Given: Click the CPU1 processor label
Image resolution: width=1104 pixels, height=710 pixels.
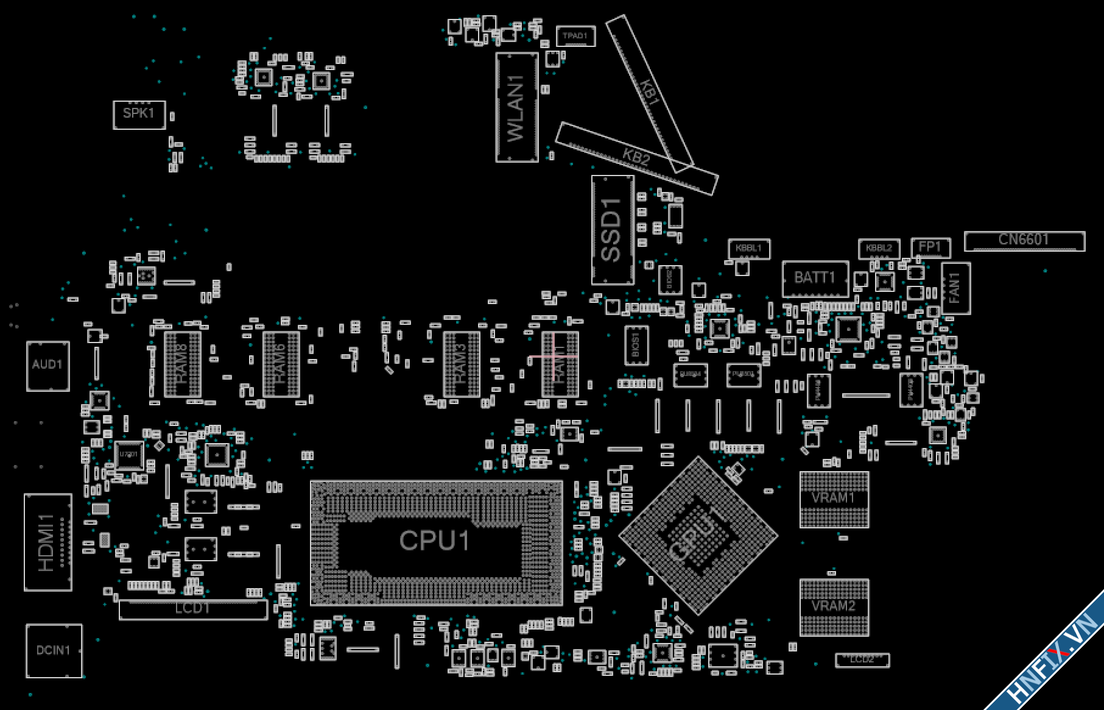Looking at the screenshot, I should [x=435, y=541].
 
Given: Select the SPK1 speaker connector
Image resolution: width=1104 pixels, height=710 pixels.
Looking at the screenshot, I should [x=139, y=115].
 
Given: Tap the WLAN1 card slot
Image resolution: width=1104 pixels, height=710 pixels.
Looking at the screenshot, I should [x=516, y=107].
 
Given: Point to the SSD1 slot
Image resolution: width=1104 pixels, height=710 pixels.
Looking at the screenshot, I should [x=612, y=230].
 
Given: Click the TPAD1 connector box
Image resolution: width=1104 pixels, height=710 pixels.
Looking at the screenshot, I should [x=575, y=36].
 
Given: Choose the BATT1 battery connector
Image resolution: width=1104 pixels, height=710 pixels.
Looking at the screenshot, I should [x=815, y=279].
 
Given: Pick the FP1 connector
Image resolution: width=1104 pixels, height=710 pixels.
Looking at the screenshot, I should [x=930, y=247].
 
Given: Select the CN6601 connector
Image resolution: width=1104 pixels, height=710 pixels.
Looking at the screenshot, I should [x=1024, y=240].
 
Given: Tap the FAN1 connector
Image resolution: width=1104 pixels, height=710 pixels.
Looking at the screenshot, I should [x=955, y=288].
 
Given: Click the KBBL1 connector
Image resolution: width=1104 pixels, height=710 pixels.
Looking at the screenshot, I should [x=748, y=248].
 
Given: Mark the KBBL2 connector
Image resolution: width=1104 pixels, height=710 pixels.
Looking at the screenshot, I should [x=879, y=248].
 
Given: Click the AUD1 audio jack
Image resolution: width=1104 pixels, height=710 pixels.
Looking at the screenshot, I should [x=47, y=365].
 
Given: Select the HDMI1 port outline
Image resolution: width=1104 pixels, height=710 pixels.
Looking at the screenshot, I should [x=47, y=542].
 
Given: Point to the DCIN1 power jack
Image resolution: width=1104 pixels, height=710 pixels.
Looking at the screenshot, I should [x=54, y=650].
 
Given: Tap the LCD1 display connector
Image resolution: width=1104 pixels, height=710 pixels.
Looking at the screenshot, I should [x=192, y=609].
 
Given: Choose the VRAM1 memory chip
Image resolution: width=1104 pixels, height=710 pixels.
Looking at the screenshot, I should [x=834, y=499].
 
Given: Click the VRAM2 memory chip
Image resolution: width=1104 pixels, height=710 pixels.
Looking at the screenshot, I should [x=834, y=607].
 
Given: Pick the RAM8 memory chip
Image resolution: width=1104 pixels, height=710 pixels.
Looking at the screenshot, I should [x=182, y=364].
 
